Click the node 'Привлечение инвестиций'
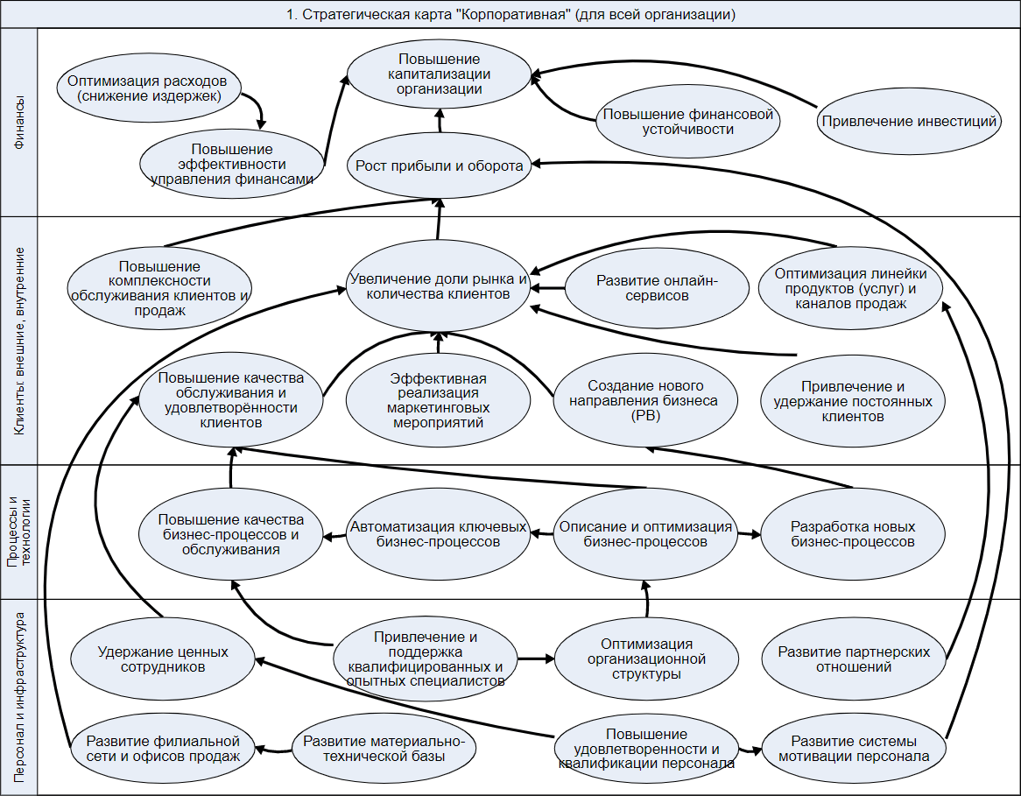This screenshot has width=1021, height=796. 909,122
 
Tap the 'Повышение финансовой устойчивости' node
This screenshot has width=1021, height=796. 687,122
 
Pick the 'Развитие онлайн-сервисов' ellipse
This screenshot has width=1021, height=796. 657,288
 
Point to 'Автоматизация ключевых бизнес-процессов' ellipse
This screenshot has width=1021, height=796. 438,534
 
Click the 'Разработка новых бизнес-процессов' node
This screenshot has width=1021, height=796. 853,534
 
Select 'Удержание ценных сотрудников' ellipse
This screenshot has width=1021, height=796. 163,659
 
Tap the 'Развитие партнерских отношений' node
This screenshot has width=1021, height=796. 853,659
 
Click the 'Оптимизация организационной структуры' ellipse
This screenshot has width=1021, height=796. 646,659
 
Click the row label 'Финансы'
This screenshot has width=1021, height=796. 19,123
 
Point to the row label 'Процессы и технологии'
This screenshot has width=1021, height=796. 19,532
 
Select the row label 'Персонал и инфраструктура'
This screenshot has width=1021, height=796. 19,697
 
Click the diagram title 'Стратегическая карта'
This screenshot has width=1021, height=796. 510,14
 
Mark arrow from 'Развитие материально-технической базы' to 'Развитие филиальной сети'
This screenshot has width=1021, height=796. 274,749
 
